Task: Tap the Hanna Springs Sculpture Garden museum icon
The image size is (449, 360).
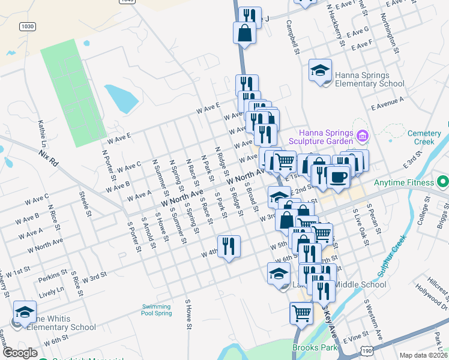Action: [x=361, y=137]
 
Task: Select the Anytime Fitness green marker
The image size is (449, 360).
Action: [x=443, y=181]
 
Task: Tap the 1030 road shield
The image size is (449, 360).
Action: [x=27, y=26]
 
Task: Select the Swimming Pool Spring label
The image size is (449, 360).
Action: [x=156, y=310]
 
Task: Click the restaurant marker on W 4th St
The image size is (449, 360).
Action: [x=229, y=246]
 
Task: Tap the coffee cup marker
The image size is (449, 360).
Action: [x=338, y=176]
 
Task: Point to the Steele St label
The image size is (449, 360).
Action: [x=86, y=204]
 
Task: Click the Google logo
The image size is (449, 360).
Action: [x=20, y=353]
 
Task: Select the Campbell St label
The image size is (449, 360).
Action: [x=292, y=37]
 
